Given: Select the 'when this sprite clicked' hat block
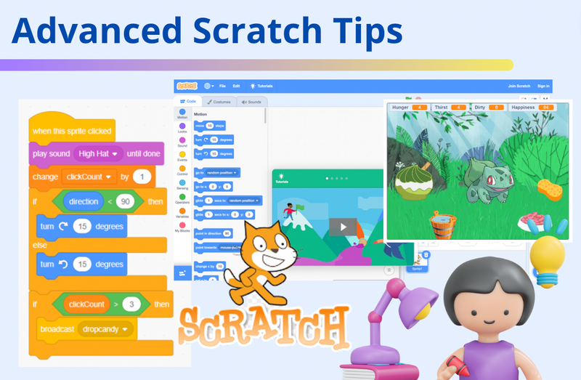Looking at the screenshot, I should pos(71,131).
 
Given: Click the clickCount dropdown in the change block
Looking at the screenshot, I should pos(91,177).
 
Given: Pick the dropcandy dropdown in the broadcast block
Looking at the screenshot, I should pos(106,329).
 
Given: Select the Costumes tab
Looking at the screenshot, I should pos(217,102).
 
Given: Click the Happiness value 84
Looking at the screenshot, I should pos(546,108).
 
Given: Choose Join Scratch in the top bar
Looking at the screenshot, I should pos(520,86).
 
